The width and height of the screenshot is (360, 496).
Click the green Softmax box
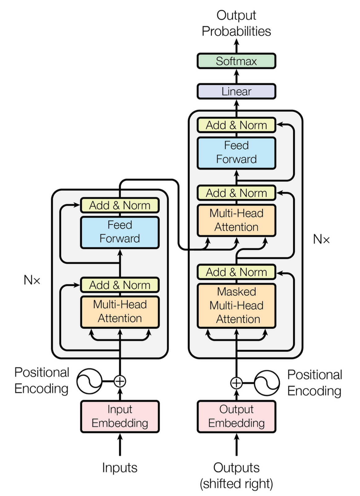236,61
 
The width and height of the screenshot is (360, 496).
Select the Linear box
236,91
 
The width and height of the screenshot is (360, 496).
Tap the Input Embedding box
120,416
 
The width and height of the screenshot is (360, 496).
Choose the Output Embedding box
236,416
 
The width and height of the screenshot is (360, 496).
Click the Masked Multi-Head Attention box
236,305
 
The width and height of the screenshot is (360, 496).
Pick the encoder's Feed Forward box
120,232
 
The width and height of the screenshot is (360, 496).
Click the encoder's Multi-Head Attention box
120,312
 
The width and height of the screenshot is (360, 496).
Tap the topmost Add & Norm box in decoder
236,125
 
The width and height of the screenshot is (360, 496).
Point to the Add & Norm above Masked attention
236,272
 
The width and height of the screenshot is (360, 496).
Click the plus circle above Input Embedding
120,381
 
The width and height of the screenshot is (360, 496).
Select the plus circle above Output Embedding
236,383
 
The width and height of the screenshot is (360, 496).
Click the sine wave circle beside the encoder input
89,381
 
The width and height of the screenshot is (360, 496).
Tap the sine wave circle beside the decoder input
267,383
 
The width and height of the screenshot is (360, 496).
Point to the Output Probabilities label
236,23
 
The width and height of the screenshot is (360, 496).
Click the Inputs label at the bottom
120,467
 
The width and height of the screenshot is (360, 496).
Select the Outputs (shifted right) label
236,476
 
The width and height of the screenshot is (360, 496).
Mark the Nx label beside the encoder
32,280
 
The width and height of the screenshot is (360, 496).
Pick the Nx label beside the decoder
321,239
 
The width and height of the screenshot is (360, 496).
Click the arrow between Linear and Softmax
236,76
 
